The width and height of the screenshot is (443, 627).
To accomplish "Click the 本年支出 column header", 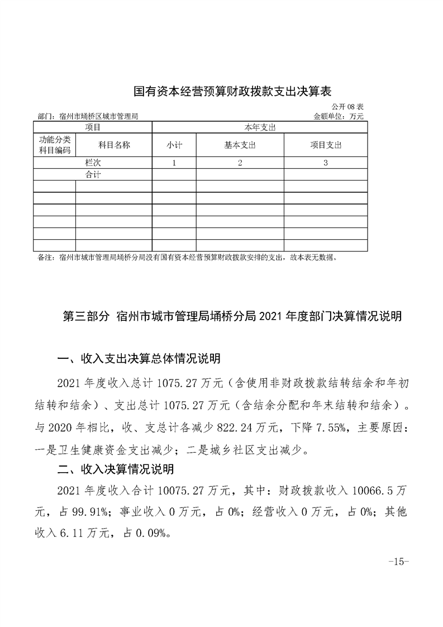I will pyautogui.click(x=260, y=127).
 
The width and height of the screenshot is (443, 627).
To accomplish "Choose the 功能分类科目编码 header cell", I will pyautogui.click(x=54, y=145).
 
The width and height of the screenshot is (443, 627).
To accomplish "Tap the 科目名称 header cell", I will pyautogui.click(x=114, y=145).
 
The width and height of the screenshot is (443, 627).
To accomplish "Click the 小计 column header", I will pyautogui.click(x=174, y=145).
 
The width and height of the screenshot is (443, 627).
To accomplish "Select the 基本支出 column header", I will pyautogui.click(x=240, y=145).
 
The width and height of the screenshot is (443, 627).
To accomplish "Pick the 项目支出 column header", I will pyautogui.click(x=326, y=145).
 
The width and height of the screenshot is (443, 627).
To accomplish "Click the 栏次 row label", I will pyautogui.click(x=92, y=163).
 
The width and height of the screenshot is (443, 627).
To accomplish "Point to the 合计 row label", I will pyautogui.click(x=92, y=175).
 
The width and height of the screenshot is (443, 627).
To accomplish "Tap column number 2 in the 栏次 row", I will pyautogui.click(x=240, y=163).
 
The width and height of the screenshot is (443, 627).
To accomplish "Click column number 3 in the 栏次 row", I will pyautogui.click(x=326, y=163).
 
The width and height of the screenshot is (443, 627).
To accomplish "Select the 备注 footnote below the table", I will pyautogui.click(x=187, y=258).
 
